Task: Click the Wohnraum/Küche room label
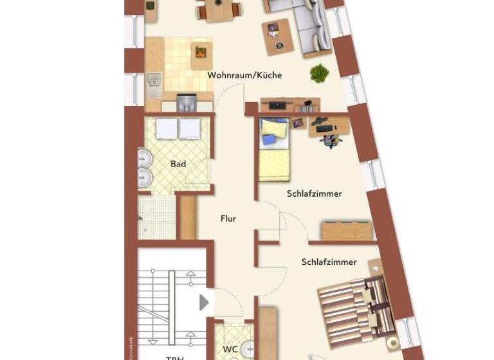(x=244, y=75)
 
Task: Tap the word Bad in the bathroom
(x=178, y=164)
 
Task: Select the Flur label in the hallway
(x=228, y=219)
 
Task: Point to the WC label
(x=230, y=349)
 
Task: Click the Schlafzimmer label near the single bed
(x=314, y=194)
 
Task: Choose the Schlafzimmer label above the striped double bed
(x=329, y=262)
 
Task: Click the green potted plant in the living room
(x=319, y=73)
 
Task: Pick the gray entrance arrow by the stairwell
(x=205, y=301)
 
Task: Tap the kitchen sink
(x=153, y=81)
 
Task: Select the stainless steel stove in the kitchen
(x=187, y=103)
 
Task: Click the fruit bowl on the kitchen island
(x=202, y=51)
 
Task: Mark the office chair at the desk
(x=328, y=139)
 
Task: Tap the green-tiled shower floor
(x=156, y=216)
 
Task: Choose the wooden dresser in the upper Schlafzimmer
(x=346, y=230)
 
